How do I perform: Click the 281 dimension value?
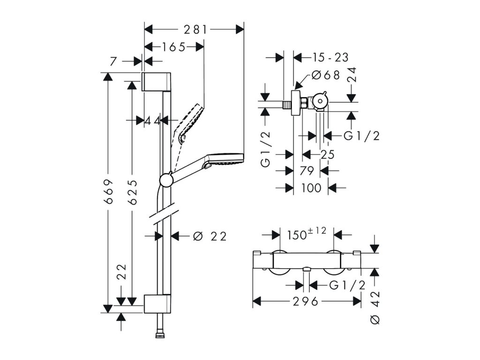click(195, 30)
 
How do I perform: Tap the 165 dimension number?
click(173, 47)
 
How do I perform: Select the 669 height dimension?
click(109, 192)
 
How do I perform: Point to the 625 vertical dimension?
click(132, 192)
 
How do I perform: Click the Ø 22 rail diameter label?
click(210, 236)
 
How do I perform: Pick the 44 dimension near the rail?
click(152, 120)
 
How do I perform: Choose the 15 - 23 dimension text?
click(330, 57)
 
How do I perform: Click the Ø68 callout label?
click(326, 75)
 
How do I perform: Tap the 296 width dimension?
click(306, 302)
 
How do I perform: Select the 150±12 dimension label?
click(307, 234)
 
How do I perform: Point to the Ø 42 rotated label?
click(375, 307)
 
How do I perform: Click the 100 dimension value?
click(311, 187)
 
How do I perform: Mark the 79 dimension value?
click(307, 171)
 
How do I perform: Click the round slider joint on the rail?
click(166, 180)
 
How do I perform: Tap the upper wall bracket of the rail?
click(156, 82)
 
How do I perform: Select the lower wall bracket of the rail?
click(157, 304)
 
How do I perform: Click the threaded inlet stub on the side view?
click(287, 105)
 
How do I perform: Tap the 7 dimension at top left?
click(113, 61)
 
